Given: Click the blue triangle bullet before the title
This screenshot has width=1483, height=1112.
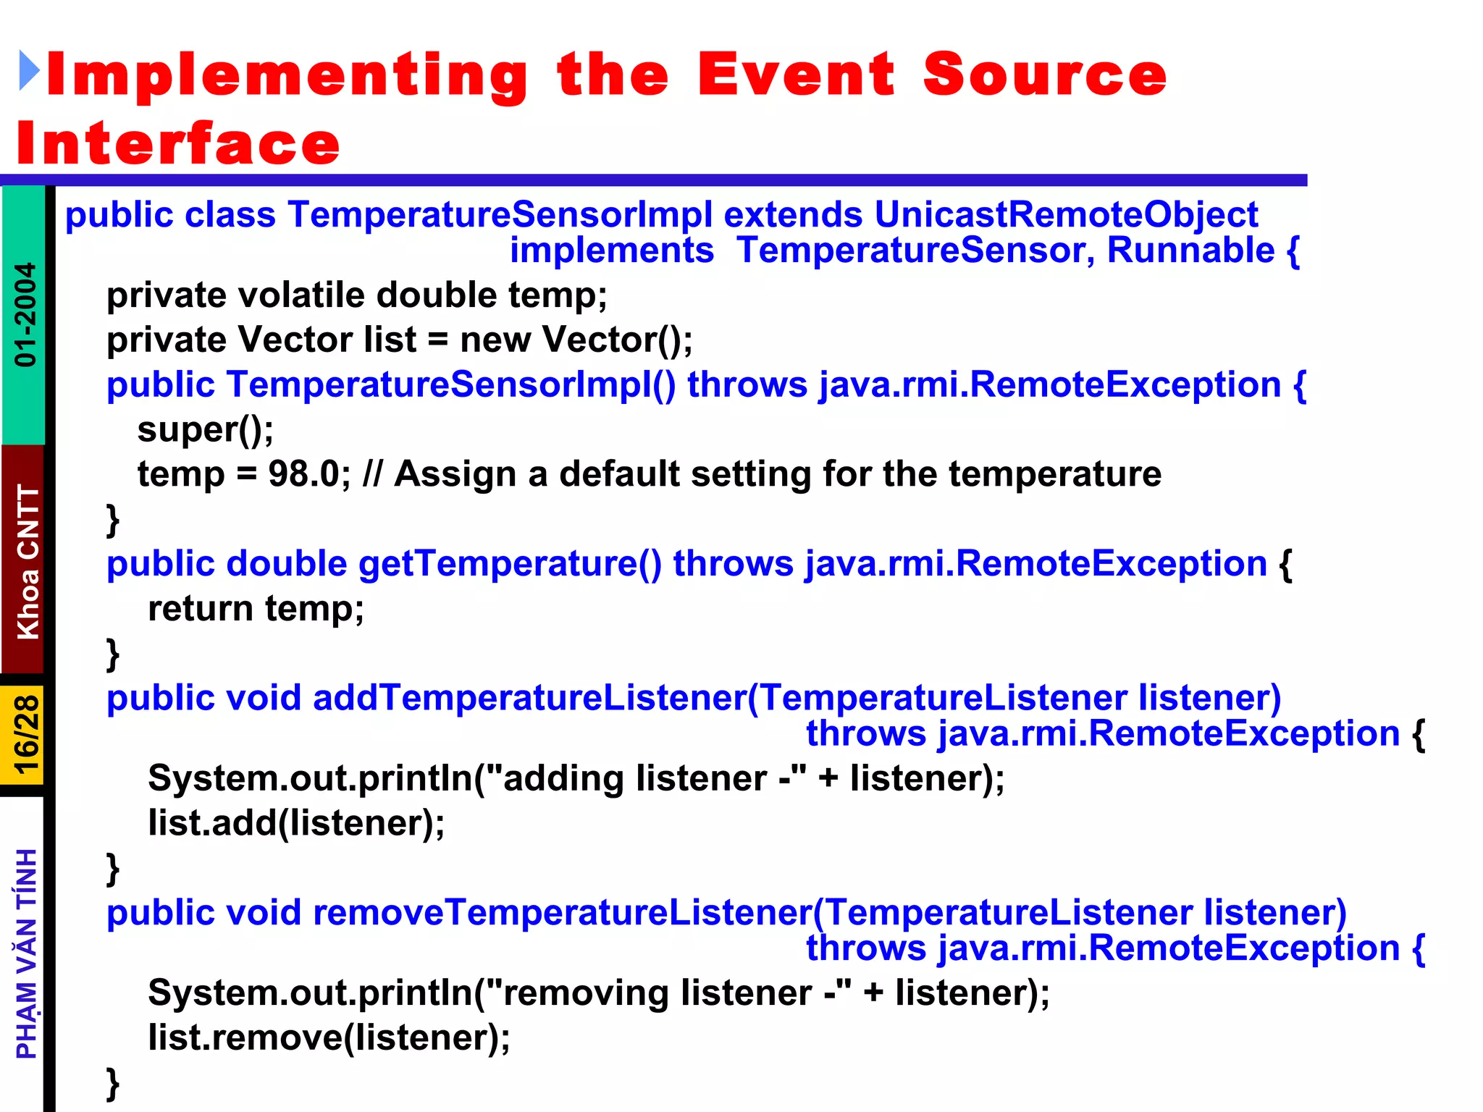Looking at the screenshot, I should click(29, 71).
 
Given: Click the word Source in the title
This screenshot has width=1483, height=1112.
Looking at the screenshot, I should click(1044, 75).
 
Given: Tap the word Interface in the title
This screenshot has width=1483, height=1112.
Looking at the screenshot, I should click(178, 143).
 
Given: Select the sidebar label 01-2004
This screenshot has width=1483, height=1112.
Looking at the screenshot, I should click(25, 314).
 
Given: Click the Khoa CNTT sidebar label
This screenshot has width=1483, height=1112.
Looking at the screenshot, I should click(28, 561).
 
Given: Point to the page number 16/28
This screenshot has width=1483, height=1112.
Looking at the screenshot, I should click(25, 735).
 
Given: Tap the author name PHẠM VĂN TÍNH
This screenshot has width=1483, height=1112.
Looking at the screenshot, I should click(27, 953).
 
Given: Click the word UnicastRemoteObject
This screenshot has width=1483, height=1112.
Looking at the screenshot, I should click(1066, 214).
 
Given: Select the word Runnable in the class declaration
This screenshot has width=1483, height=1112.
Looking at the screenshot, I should click(1190, 250).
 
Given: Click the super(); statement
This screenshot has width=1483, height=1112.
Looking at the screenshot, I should click(206, 429).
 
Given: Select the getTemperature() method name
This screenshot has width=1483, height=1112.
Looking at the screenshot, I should click(510, 564).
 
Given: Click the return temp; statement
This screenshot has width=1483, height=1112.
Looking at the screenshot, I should click(256, 608).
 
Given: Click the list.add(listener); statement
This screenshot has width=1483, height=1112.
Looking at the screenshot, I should click(296, 823).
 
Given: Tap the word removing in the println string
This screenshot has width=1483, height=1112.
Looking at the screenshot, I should click(585, 993).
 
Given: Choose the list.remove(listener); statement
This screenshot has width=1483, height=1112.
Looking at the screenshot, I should click(329, 1037).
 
